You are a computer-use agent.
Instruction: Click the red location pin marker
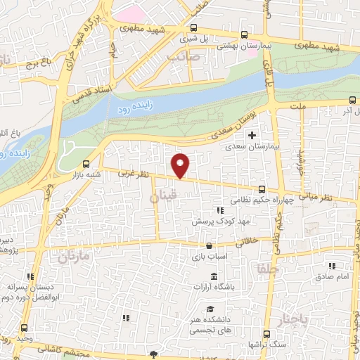click(181, 165)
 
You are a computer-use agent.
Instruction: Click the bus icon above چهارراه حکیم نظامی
click(262, 189)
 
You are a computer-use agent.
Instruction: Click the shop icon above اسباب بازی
click(209, 245)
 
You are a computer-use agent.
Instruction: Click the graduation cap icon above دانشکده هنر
click(210, 309)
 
